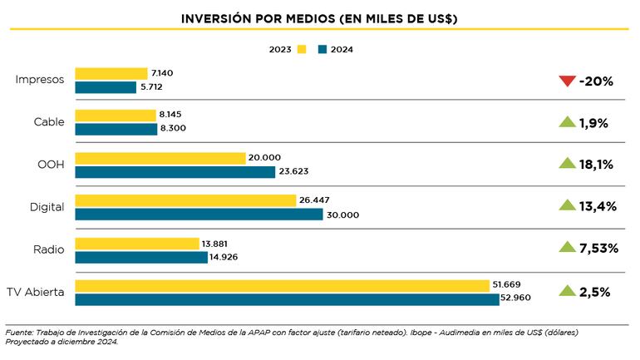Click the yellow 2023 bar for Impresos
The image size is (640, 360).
[x=111, y=73]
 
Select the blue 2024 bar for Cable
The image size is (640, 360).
[x=116, y=129]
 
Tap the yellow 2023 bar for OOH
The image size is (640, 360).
[x=160, y=158]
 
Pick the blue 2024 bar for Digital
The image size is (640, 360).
[x=199, y=215]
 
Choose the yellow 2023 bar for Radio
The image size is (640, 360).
[x=136, y=244]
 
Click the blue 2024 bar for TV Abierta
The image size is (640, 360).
[x=287, y=299]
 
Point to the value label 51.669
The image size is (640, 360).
[x=507, y=285]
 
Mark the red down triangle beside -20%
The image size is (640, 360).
[x=567, y=81]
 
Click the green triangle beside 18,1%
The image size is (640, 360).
[x=567, y=164]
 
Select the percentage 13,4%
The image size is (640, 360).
[x=598, y=205]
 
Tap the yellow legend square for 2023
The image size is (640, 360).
[x=302, y=49]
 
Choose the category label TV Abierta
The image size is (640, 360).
[x=35, y=292]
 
